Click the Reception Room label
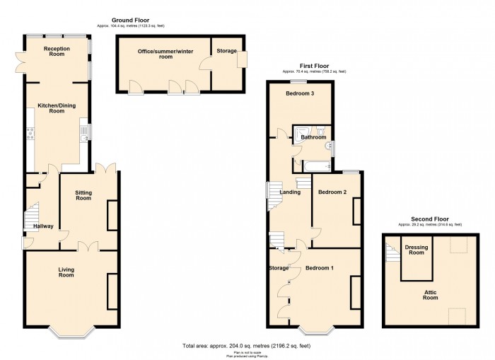point(57,52)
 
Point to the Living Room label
point(66,272)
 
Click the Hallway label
point(33,226)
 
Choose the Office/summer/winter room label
point(165,54)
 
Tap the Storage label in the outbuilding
point(226,51)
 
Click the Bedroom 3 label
point(300,93)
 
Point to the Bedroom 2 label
point(332,192)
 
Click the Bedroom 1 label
point(320,268)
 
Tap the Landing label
point(291,192)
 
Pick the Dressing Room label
point(415,250)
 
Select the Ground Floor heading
point(131,21)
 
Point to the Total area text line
point(247,345)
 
